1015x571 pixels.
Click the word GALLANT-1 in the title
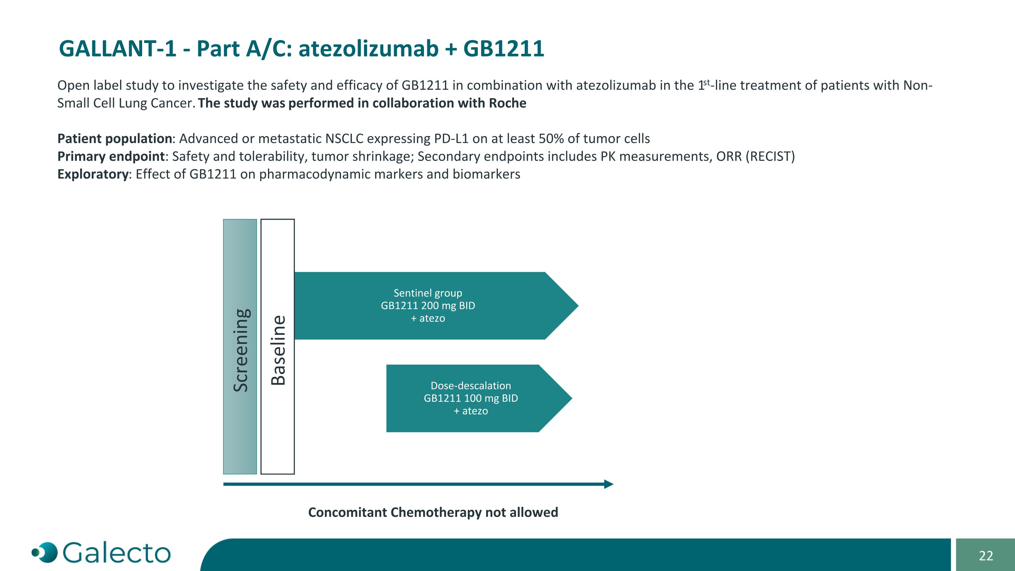pos(117,49)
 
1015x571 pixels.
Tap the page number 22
pos(986,556)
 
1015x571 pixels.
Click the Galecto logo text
pos(117,553)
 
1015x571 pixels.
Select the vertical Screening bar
pos(240,347)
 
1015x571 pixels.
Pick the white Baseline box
pos(277,347)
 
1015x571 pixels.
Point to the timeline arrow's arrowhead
pos(609,484)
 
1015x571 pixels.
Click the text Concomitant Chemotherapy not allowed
pos(433,512)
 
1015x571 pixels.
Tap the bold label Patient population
pos(115,139)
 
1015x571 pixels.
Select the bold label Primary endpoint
pos(111,156)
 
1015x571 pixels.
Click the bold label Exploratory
pos(93,174)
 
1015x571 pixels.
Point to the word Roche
pos(507,103)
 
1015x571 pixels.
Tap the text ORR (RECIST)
pos(755,156)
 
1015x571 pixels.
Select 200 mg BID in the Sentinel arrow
pos(448,306)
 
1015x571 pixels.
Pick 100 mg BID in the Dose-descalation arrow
pos(491,398)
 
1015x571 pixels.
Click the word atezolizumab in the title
pos(368,49)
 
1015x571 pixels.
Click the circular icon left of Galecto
pos(45,552)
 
